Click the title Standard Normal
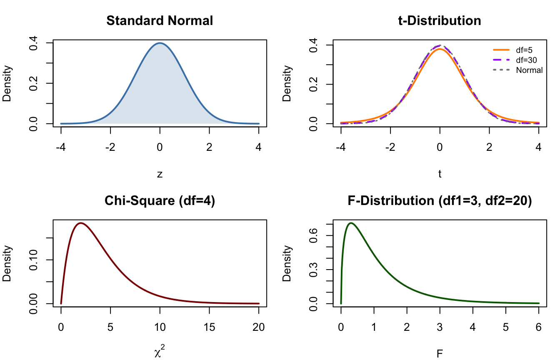point(160,21)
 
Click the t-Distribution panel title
point(440,21)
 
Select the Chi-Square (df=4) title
point(160,201)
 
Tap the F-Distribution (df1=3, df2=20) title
point(440,201)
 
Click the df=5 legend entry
point(524,50)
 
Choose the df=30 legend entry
point(526,60)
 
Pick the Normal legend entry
point(529,70)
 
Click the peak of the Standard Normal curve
point(160,43)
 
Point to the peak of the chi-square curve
point(81,223)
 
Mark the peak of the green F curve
point(351,223)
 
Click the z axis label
point(160,175)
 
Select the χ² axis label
point(160,354)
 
